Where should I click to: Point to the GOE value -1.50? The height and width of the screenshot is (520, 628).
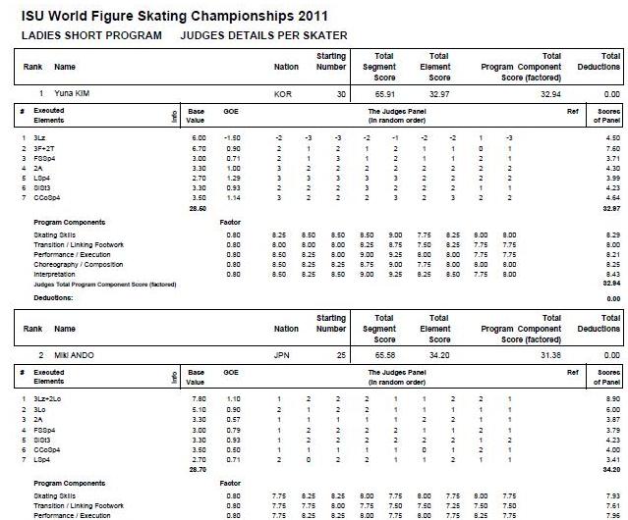tap(233, 138)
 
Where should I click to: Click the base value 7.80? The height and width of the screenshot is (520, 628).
tap(196, 398)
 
